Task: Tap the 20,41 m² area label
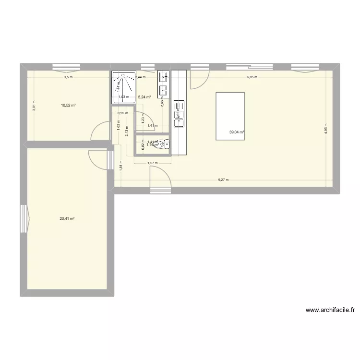click(x=67, y=218)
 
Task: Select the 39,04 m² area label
click(x=237, y=132)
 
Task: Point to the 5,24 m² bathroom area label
click(x=144, y=97)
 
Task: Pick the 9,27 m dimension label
click(x=223, y=180)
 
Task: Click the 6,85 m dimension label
click(x=252, y=77)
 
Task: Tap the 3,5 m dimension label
click(x=68, y=77)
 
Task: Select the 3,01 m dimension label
click(x=34, y=105)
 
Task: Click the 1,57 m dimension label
click(x=152, y=163)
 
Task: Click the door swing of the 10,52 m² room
click(x=100, y=131)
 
